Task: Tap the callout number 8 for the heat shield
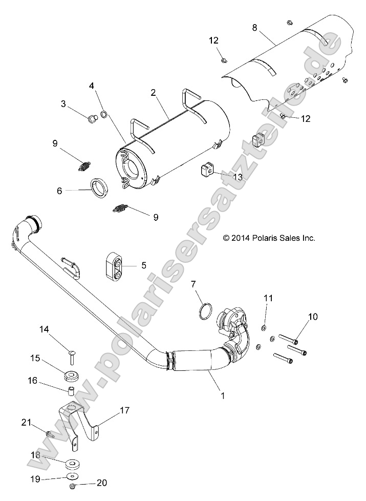coord(254,28)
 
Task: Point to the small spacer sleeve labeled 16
coord(72,395)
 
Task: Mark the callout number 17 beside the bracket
coord(125,410)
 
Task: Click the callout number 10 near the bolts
coord(313,317)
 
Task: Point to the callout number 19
coord(35,479)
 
